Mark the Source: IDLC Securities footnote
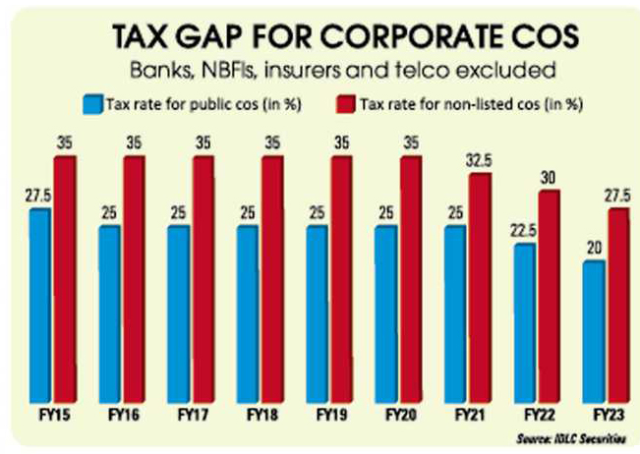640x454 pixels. coord(574,436)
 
